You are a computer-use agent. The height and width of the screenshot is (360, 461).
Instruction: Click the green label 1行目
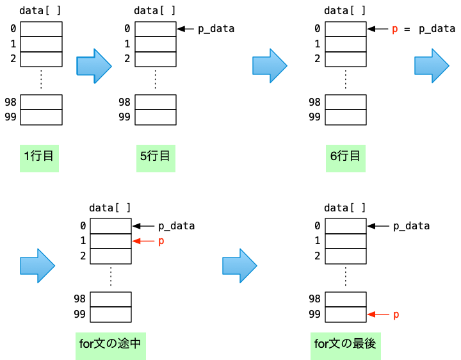point(38,157)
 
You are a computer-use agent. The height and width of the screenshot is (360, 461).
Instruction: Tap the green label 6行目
point(346,157)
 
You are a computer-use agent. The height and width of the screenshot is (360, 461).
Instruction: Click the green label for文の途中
point(111,344)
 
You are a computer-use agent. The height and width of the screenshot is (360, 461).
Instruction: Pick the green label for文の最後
point(345,344)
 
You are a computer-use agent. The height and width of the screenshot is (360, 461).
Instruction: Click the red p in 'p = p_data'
point(394,29)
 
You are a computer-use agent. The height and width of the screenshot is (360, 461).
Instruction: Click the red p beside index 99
point(396,315)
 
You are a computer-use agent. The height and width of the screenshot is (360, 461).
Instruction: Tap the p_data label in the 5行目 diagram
point(216,29)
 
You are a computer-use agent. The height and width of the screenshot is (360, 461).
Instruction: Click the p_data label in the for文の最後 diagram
point(411,226)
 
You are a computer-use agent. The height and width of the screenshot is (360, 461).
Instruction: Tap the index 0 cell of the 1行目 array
point(41,29)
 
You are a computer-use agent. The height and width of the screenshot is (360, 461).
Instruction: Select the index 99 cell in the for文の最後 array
point(346,314)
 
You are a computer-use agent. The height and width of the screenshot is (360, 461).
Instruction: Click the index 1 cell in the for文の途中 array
point(111,241)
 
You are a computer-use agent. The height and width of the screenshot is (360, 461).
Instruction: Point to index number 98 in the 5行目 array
point(124,102)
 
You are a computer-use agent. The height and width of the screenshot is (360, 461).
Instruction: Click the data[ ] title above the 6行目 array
point(345,10)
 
